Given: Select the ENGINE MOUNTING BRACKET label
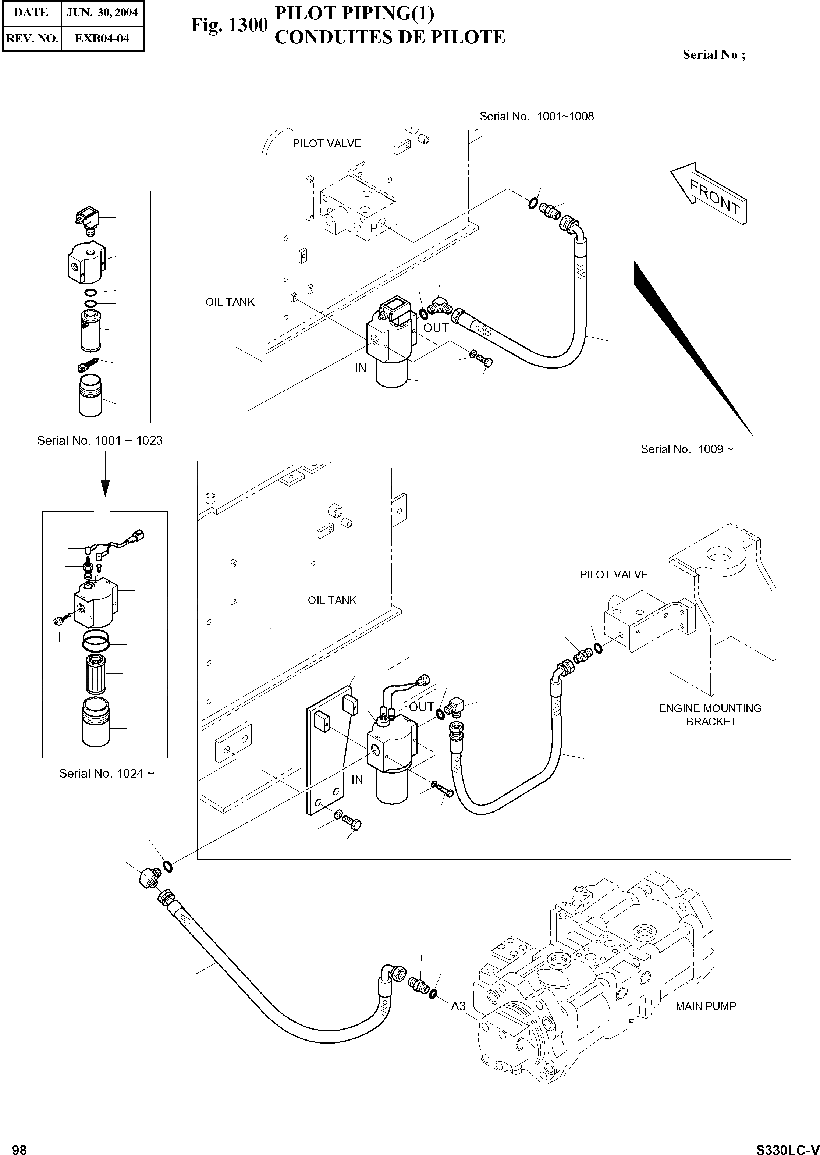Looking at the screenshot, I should tap(710, 715).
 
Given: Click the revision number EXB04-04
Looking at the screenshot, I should tap(102, 38).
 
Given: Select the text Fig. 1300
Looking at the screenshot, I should tap(229, 25).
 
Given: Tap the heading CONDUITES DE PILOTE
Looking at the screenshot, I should tap(389, 38).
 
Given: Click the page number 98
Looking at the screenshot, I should tap(19, 1146).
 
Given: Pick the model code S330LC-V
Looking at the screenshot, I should tap(787, 1146).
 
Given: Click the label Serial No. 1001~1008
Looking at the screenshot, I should tap(536, 117).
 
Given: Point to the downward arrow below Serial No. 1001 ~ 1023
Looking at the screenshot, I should tap(105, 487).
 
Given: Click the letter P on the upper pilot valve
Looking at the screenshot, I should tap(374, 228).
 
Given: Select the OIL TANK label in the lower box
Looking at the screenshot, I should tap(332, 600).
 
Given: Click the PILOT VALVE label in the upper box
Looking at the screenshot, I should tap(327, 144).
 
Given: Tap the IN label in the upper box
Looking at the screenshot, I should tap(360, 368).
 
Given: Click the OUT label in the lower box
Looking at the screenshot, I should tap(422, 707).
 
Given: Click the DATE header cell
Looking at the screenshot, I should tap(31, 13).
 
